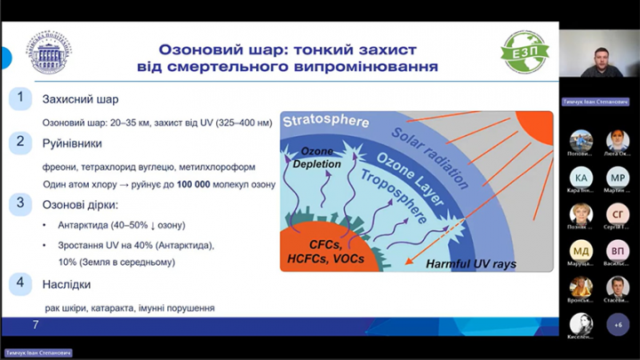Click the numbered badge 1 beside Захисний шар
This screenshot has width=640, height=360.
(x=20, y=98)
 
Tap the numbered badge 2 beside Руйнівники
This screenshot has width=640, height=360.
(x=20, y=141)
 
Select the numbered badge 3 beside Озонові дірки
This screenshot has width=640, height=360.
(x=20, y=204)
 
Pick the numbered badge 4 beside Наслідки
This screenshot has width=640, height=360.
(x=20, y=284)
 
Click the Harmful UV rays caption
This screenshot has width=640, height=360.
(x=470, y=264)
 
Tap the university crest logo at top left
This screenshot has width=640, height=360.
(x=50, y=55)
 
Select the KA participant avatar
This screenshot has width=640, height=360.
(x=581, y=177)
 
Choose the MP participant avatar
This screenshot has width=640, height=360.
(x=618, y=177)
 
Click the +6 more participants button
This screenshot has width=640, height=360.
(x=618, y=324)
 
